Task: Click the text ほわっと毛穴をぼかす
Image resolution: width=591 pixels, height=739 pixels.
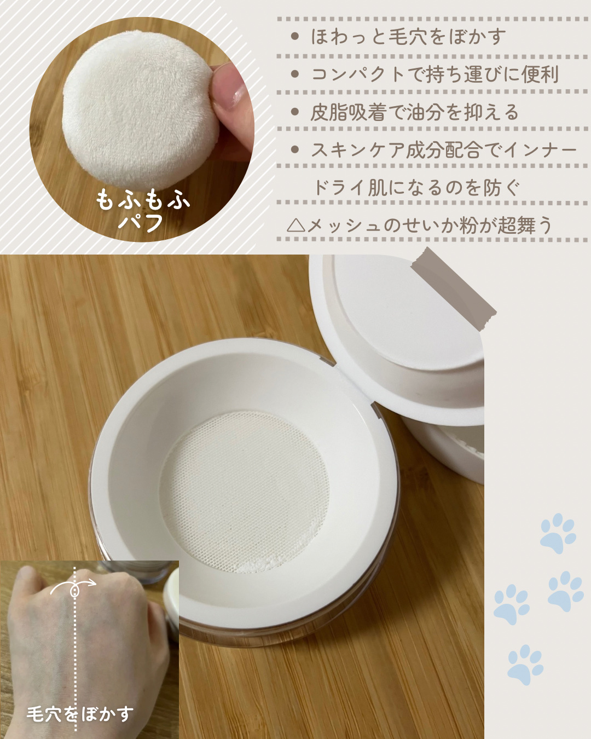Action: [x=408, y=37]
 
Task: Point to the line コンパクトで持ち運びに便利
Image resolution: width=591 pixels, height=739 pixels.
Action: [x=434, y=74]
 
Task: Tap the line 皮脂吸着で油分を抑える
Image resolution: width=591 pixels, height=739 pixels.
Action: [x=414, y=112]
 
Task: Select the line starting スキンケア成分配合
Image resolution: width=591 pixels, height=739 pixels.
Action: [x=444, y=150]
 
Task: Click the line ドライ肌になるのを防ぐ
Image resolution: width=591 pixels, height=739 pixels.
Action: [x=416, y=188]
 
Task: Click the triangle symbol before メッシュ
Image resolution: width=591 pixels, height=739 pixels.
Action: [x=296, y=226]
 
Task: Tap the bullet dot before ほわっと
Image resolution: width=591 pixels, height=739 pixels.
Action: [x=294, y=36]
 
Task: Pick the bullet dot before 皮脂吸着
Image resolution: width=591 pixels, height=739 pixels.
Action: [x=294, y=112]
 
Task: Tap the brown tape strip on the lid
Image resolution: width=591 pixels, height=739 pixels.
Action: [x=453, y=288]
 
